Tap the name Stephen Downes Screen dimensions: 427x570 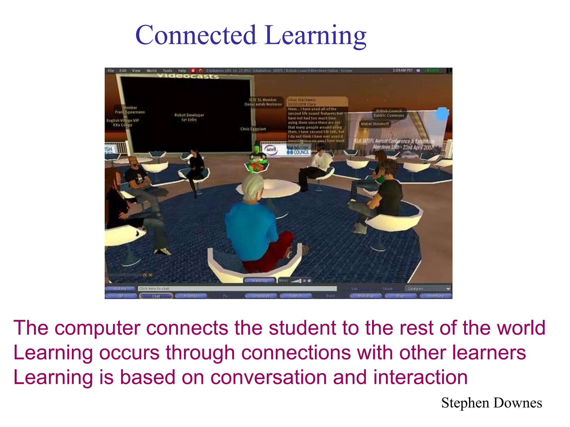[492, 403]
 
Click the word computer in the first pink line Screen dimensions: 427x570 [97, 328]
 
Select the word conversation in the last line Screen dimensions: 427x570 [268, 378]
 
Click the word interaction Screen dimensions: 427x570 [420, 378]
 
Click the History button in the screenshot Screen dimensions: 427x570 [120, 289]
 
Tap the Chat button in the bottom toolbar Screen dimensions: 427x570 [156, 296]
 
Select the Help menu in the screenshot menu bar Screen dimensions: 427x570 [182, 71]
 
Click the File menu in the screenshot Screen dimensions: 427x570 [111, 71]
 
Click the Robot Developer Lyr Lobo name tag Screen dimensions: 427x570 [189, 117]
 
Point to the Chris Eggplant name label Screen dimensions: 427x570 [253, 129]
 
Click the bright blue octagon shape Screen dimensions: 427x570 [442, 113]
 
